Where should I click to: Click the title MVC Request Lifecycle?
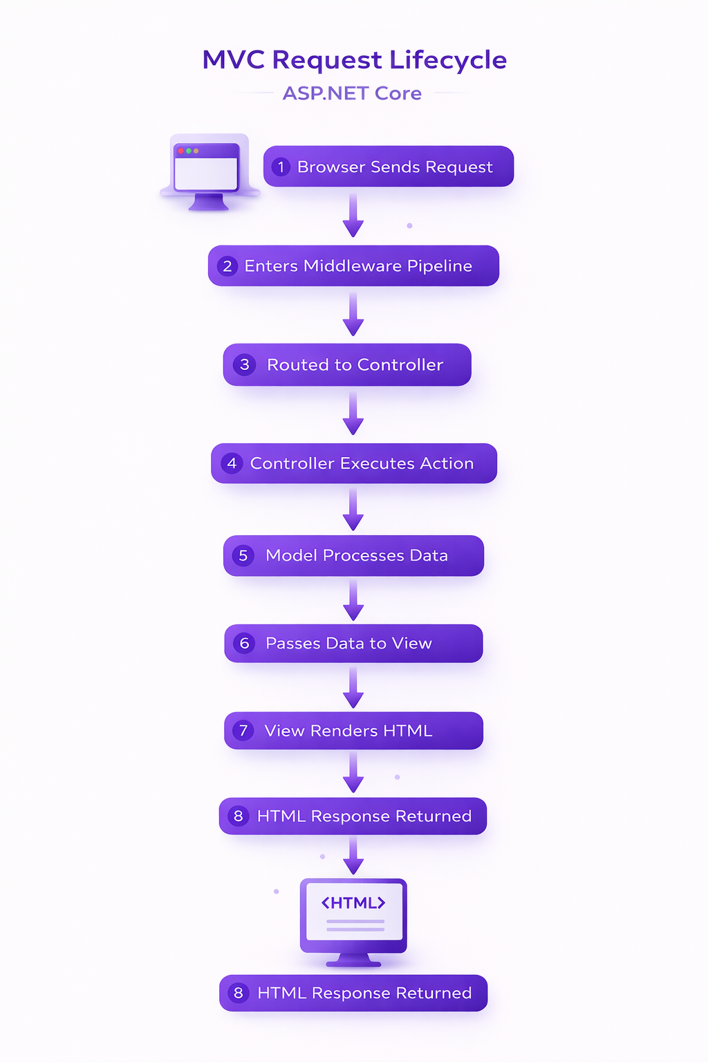[354, 60]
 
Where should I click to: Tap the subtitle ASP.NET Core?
[352, 93]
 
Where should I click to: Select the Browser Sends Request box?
[388, 167]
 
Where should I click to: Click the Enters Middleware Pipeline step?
[353, 266]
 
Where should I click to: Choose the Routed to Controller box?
[347, 365]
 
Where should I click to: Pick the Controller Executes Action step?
[354, 463]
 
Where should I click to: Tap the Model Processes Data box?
[353, 556]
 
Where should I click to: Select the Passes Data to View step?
[353, 644]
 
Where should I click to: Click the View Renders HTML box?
[353, 731]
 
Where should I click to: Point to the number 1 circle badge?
[281, 167]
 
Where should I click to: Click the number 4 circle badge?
[232, 463]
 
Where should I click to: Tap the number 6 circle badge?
[244, 644]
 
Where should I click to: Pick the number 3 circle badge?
[244, 365]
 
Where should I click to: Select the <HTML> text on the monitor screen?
[353, 903]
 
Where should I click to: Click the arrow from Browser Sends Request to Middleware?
[353, 216]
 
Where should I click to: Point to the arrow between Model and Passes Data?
[353, 600]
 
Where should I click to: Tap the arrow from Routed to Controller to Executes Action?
[353, 413]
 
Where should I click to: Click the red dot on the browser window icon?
[181, 151]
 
